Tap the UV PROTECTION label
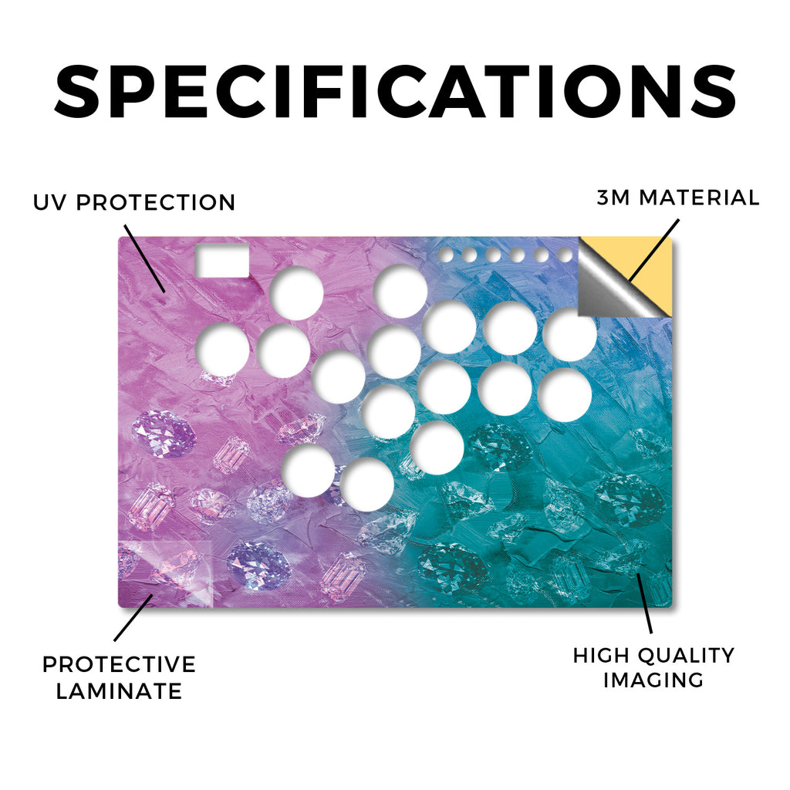[134, 203]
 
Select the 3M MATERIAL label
[678, 197]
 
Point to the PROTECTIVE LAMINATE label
[119, 677]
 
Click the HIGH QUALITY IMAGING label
[653, 667]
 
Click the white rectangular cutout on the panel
[222, 261]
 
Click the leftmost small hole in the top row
[445, 255]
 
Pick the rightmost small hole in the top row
[565, 255]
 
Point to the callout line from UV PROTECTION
[144, 258]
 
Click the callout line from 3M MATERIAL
[653, 250]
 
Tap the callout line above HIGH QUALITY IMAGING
[644, 603]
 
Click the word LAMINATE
[119, 690]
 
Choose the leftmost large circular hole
[222, 349]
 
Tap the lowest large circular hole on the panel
[366, 484]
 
